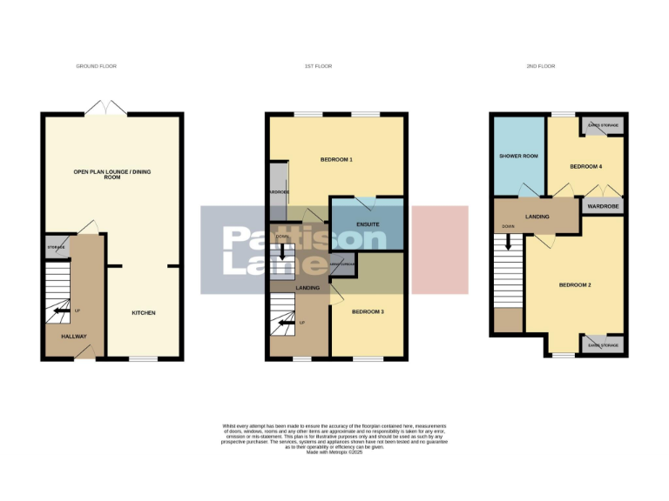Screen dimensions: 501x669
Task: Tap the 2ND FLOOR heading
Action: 541,66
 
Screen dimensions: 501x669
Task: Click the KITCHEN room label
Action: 144,313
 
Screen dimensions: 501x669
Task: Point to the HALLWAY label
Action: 74,336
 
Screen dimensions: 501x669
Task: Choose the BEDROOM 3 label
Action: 367,311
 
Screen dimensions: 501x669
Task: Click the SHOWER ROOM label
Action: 518,157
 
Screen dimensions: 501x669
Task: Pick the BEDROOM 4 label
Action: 586,165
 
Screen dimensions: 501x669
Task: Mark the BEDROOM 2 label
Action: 575,285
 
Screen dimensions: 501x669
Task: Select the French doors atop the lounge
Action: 105,108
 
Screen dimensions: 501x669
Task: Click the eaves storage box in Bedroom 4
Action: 603,125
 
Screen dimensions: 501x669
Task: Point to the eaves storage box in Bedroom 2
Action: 603,345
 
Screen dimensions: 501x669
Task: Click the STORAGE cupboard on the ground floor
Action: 57,247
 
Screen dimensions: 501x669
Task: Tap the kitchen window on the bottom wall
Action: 142,358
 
